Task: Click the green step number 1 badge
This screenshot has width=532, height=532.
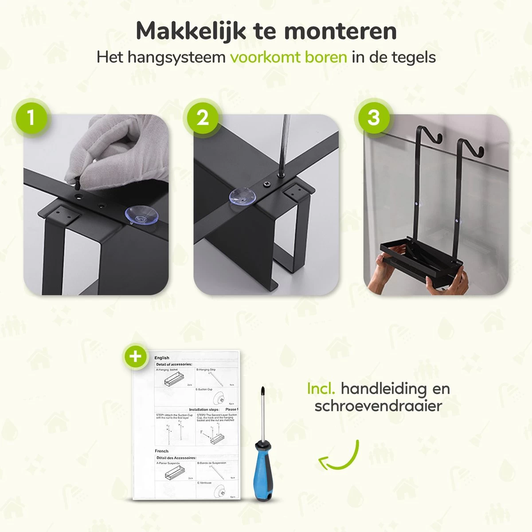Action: click(31, 118)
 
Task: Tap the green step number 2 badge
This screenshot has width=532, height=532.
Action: click(202, 118)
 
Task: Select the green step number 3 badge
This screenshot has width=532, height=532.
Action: click(373, 118)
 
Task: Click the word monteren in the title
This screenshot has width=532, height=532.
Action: click(340, 31)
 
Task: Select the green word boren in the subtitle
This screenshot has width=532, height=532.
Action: click(326, 58)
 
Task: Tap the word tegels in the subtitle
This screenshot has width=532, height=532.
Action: click(412, 58)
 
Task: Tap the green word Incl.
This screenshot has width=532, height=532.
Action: click(321, 389)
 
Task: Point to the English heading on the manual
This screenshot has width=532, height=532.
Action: click(162, 358)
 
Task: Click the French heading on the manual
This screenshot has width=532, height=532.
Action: click(161, 451)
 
